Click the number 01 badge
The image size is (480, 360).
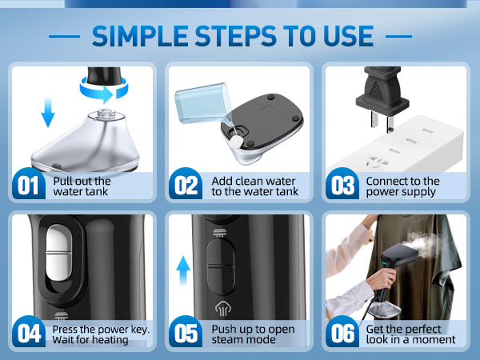[x=29, y=184]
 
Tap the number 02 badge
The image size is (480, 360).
[x=186, y=184]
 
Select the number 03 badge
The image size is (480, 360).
[x=342, y=184]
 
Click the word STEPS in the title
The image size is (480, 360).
[x=235, y=36]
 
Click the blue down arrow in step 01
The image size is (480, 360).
[x=48, y=111]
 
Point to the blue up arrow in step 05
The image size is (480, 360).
[x=183, y=270]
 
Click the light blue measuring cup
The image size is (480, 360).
[x=201, y=102]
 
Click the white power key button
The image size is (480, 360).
[x=58, y=253]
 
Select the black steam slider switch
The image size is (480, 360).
[x=221, y=267]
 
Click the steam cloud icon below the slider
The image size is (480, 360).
[x=222, y=309]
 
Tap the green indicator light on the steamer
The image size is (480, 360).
[x=383, y=263]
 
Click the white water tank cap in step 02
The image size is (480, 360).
[x=236, y=142]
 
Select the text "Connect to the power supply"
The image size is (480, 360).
[x=402, y=186]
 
